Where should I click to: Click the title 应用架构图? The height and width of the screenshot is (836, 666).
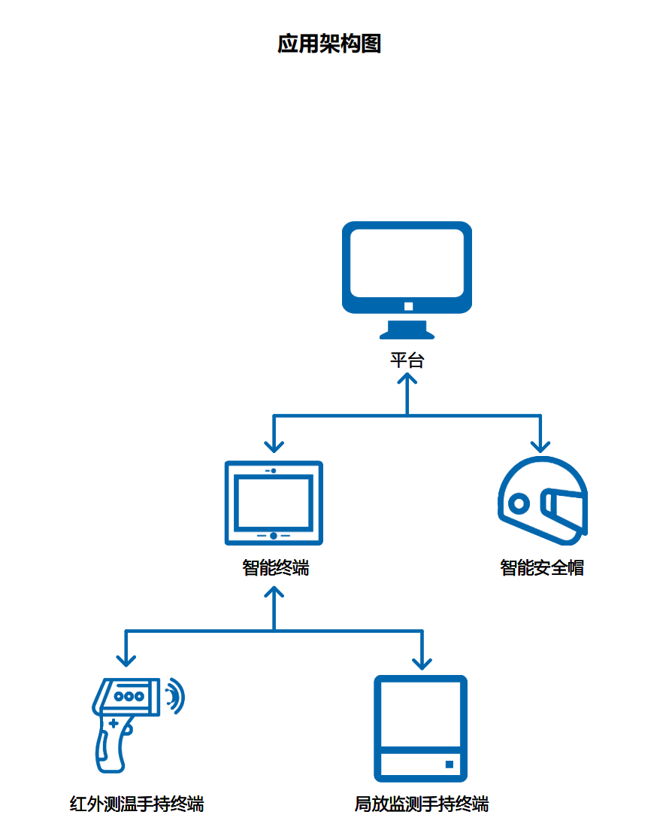(x=329, y=44)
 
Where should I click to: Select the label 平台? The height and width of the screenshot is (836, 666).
(x=407, y=360)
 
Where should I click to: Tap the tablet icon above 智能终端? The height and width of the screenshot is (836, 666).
(x=274, y=502)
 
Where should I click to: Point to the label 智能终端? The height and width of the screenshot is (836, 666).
(x=275, y=567)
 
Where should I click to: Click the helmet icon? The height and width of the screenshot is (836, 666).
(x=542, y=500)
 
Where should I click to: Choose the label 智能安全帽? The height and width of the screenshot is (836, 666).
(x=542, y=567)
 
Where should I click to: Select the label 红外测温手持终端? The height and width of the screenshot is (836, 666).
(x=137, y=804)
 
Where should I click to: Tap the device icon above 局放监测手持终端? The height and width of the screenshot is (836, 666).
(x=421, y=728)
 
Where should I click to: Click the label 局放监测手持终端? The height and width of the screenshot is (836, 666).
(x=421, y=804)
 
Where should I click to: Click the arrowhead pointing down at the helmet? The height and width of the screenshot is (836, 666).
(x=540, y=446)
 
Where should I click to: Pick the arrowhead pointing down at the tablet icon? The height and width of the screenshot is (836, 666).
(x=274, y=446)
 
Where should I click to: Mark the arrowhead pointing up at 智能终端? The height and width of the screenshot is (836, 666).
(x=274, y=591)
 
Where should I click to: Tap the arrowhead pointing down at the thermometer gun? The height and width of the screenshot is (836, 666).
(x=126, y=661)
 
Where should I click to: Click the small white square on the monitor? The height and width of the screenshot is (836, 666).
(x=408, y=306)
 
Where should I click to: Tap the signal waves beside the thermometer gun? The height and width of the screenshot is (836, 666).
(x=175, y=696)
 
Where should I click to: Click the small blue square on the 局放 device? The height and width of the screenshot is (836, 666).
(x=450, y=765)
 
